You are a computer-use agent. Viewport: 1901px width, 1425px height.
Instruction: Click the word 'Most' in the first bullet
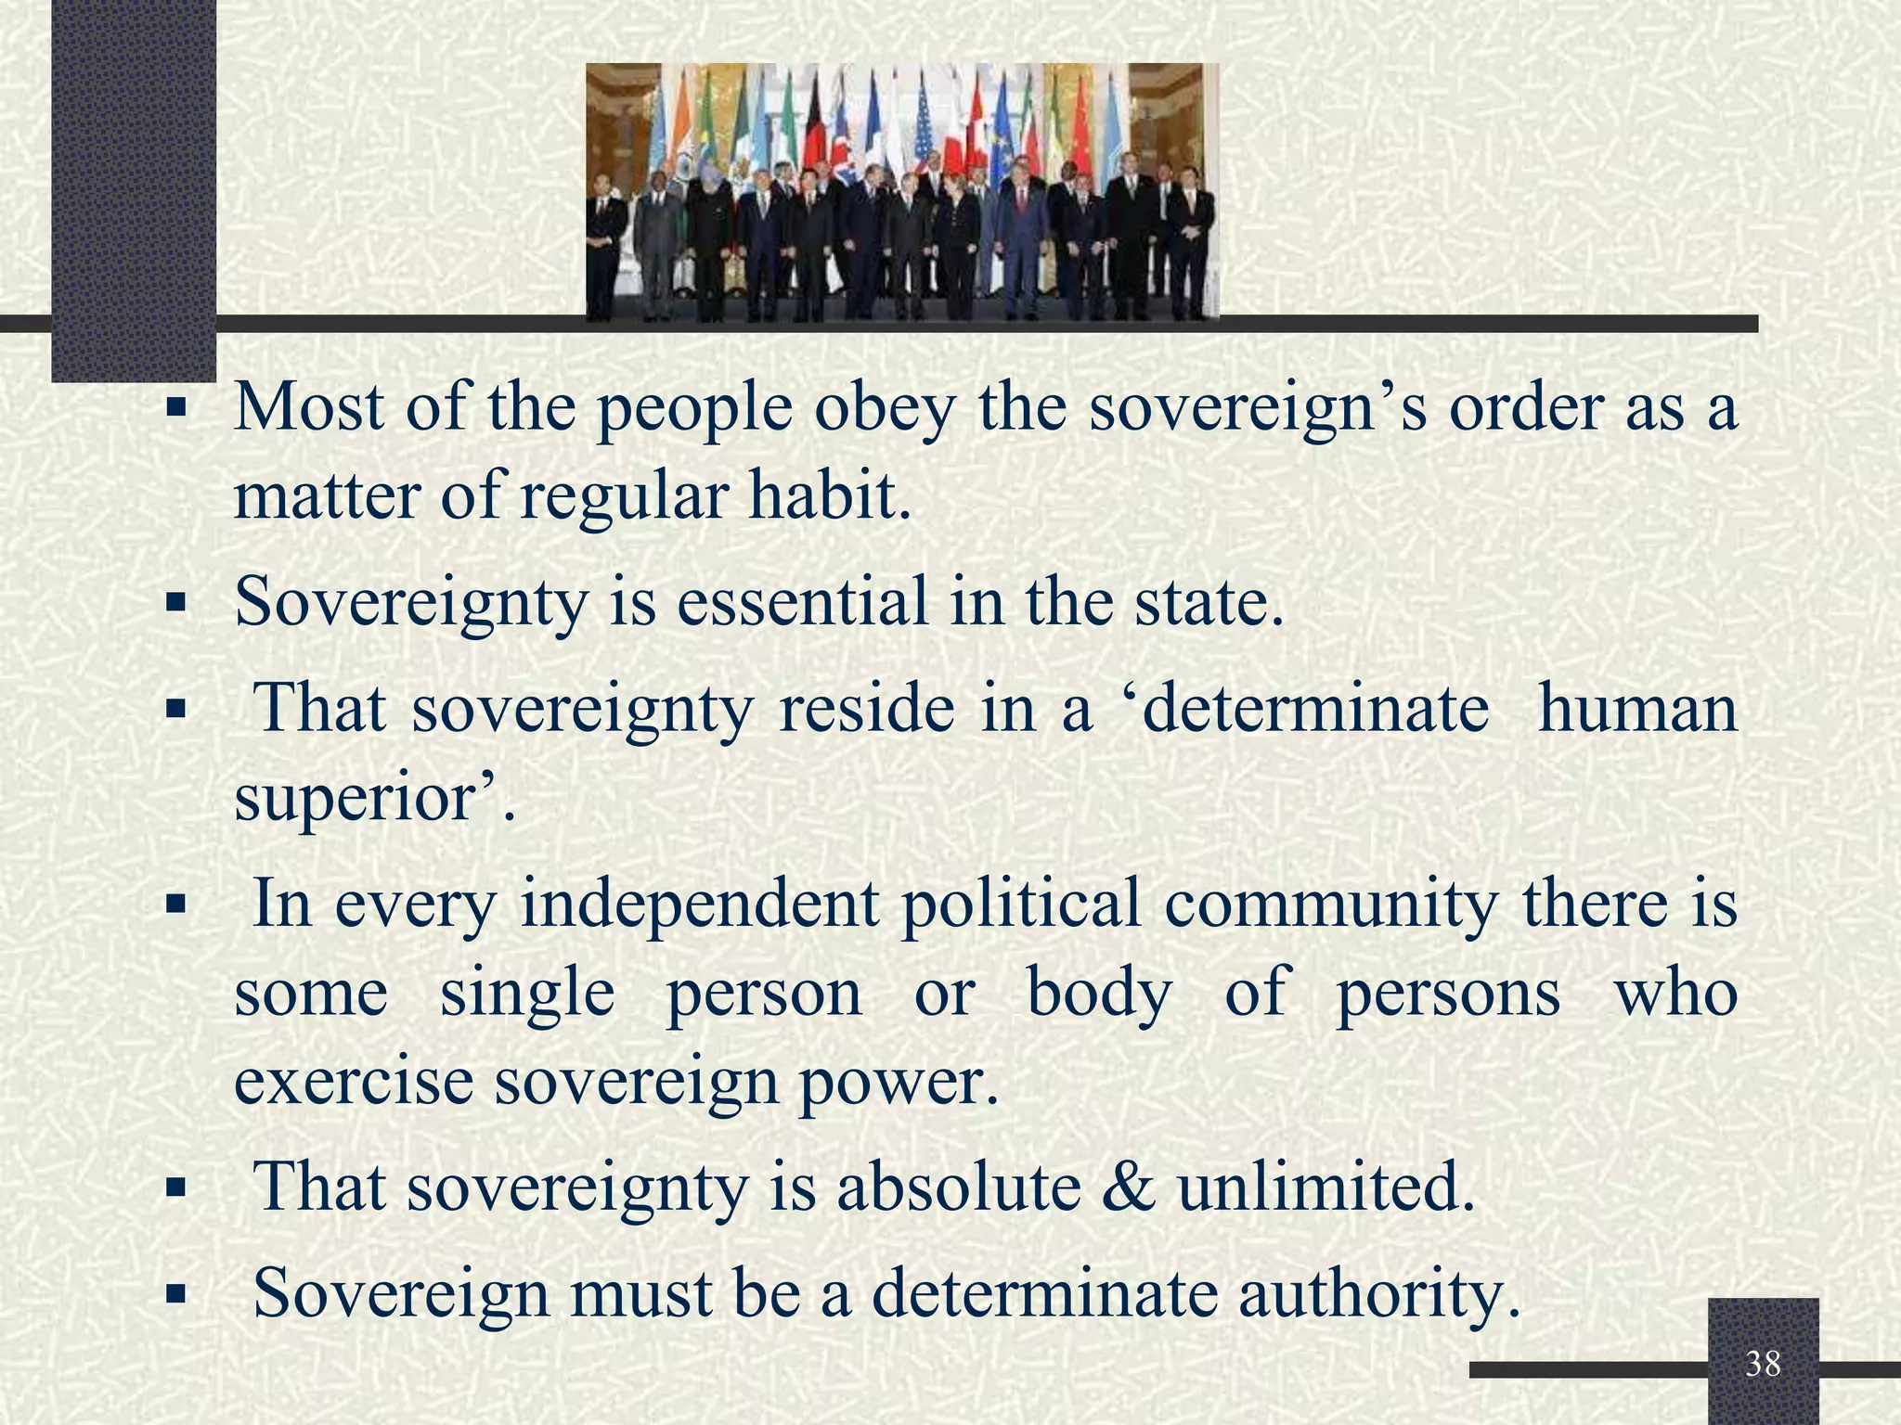pyautogui.click(x=308, y=407)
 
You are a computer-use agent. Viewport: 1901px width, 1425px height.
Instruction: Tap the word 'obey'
pyautogui.click(x=884, y=407)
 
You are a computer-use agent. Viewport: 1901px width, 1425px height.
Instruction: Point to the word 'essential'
pyautogui.click(x=803, y=601)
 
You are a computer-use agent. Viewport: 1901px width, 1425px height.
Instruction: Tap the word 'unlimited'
pyautogui.click(x=1325, y=1187)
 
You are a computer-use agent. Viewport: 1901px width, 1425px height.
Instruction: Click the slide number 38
pyautogui.click(x=1763, y=1363)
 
